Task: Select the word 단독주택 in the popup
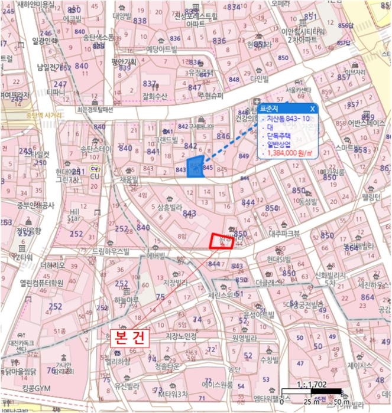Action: tap(280, 135)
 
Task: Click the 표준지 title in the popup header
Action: tap(271, 109)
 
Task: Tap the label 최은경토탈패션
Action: tap(94, 109)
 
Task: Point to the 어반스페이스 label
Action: tap(367, 123)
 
